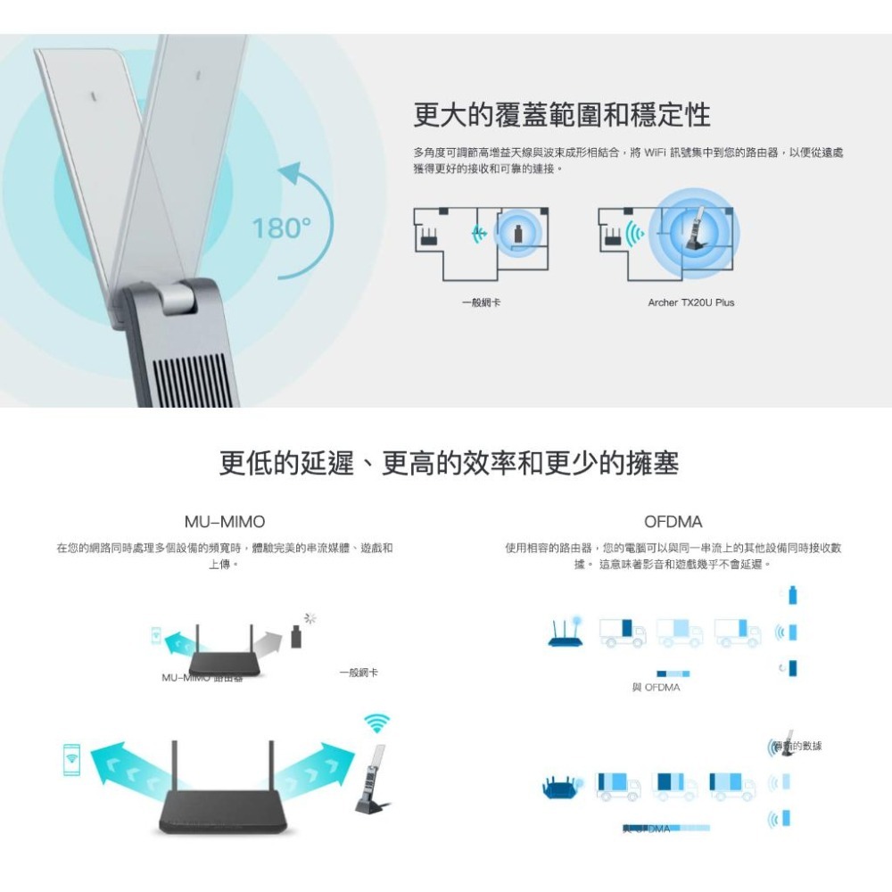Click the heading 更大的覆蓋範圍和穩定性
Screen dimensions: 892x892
click(562, 114)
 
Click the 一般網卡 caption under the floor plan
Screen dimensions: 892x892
click(481, 303)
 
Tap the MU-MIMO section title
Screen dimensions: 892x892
click(224, 521)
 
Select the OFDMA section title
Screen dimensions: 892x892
click(673, 521)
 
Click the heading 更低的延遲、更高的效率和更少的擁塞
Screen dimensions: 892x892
click(449, 464)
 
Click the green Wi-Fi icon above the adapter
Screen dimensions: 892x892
click(377, 723)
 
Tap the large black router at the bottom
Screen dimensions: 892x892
click(225, 807)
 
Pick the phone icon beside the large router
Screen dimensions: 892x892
click(71, 758)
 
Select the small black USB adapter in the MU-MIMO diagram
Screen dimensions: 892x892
click(296, 637)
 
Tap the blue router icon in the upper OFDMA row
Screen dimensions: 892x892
click(566, 633)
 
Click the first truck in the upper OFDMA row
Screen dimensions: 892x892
click(623, 632)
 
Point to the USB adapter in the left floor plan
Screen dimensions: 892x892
click(520, 235)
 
